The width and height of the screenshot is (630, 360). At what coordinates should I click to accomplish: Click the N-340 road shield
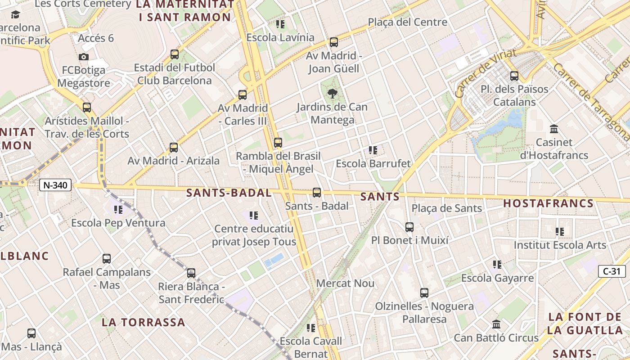click(x=55, y=184)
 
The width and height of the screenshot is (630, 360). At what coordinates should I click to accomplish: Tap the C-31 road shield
click(x=612, y=271)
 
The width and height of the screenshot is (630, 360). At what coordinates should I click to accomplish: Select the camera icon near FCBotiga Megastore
click(x=84, y=57)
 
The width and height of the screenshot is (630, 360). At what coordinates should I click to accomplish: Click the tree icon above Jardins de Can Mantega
click(x=333, y=94)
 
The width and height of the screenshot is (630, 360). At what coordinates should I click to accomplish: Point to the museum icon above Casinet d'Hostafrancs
click(x=554, y=129)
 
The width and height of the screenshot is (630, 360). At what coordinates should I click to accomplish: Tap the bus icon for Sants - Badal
click(x=317, y=193)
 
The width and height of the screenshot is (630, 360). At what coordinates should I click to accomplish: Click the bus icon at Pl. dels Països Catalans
click(x=514, y=76)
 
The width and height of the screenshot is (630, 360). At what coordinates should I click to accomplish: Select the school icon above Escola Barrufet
click(x=373, y=150)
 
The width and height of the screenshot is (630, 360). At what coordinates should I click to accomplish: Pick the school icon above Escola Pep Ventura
click(x=118, y=209)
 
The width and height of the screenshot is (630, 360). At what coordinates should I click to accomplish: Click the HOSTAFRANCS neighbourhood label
click(x=548, y=203)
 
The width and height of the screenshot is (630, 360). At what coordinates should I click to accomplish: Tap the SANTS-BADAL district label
click(x=229, y=193)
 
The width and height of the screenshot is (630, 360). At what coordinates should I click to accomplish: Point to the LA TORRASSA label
click(x=143, y=322)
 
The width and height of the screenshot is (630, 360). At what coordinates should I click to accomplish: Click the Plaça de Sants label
click(x=447, y=208)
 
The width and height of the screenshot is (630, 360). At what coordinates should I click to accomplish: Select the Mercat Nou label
click(x=346, y=283)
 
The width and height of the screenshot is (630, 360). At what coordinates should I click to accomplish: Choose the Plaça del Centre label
click(x=407, y=22)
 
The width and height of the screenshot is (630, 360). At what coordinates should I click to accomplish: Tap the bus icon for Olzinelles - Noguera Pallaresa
click(x=424, y=293)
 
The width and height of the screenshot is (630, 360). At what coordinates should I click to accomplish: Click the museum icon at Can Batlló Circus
click(x=496, y=324)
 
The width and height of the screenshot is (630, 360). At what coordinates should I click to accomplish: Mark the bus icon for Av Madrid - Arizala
click(x=174, y=147)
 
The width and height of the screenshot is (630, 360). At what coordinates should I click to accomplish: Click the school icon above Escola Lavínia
click(x=280, y=24)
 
